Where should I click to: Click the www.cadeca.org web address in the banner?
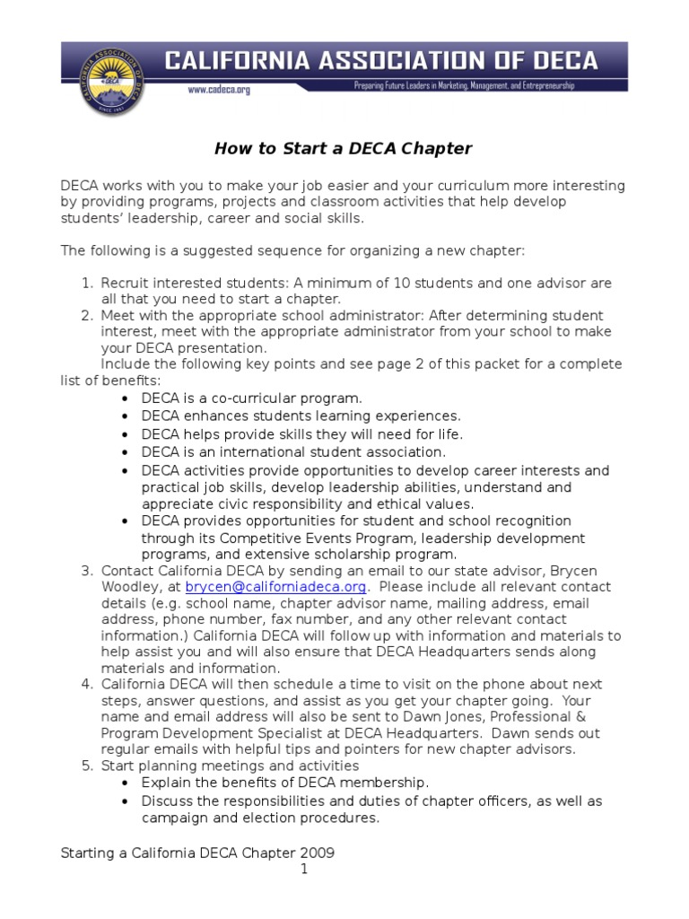[219, 90]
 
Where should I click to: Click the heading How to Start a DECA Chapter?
[343, 148]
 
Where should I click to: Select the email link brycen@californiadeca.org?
[276, 587]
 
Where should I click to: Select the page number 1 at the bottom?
[304, 869]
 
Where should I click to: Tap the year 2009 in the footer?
[318, 852]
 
